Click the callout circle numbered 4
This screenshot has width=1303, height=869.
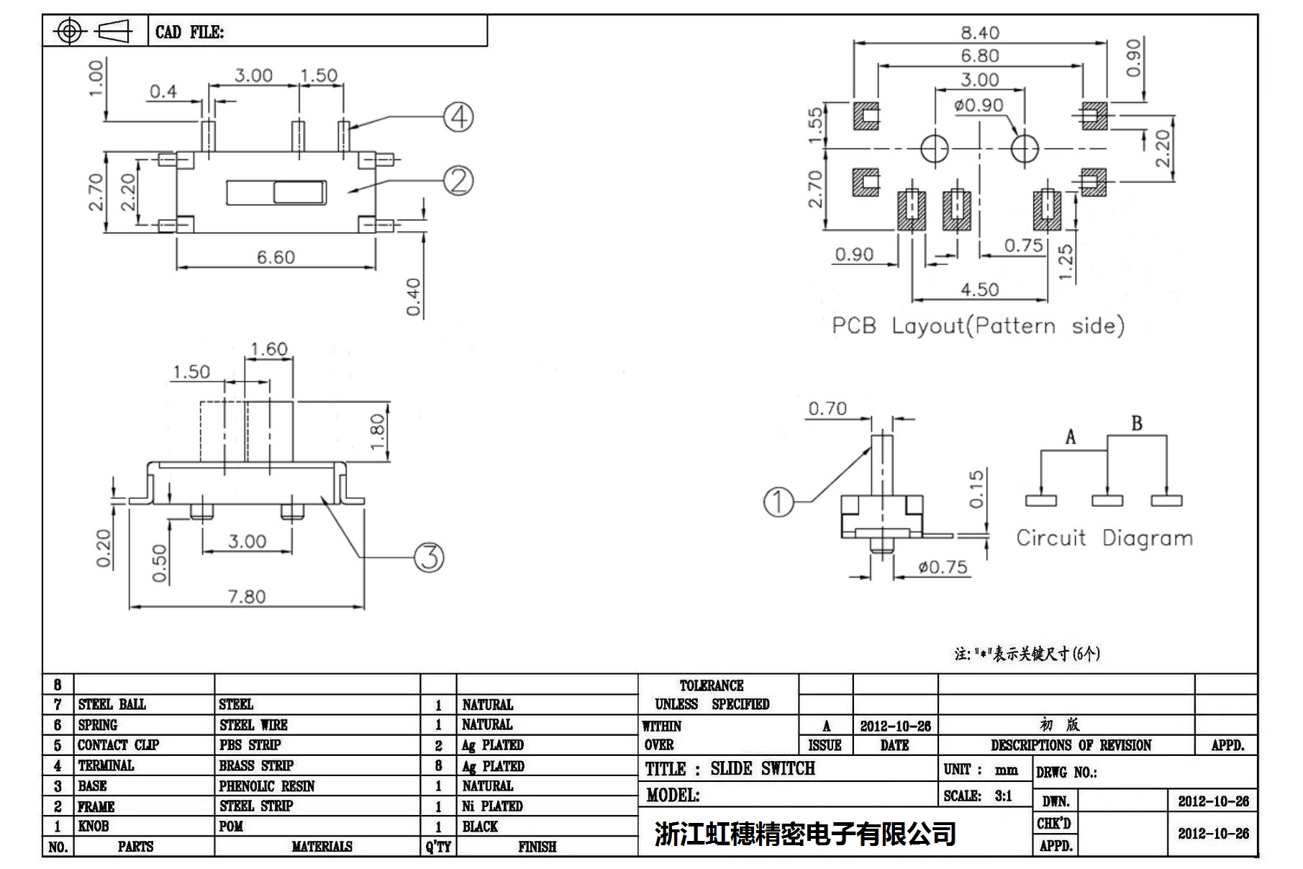pyautogui.click(x=458, y=117)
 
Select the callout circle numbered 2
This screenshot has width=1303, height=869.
pyautogui.click(x=458, y=180)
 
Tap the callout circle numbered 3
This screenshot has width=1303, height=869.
pyautogui.click(x=430, y=557)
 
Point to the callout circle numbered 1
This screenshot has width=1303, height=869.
pyautogui.click(x=778, y=502)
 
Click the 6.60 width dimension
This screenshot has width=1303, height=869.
pyautogui.click(x=276, y=257)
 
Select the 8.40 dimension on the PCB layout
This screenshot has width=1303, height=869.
pyautogui.click(x=979, y=32)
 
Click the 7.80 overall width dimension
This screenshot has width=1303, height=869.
pyautogui.click(x=246, y=596)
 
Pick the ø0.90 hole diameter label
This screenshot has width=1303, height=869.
pyautogui.click(x=979, y=105)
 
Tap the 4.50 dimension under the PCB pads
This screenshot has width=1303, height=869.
pyautogui.click(x=979, y=289)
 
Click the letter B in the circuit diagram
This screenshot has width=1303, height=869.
pyautogui.click(x=1137, y=423)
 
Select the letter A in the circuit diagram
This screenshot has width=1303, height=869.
pyautogui.click(x=1071, y=437)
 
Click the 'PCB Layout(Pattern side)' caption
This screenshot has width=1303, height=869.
pyautogui.click(x=978, y=326)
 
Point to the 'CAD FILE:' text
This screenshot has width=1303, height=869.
pyautogui.click(x=189, y=32)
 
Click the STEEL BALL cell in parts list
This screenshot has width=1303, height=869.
pyautogui.click(x=112, y=704)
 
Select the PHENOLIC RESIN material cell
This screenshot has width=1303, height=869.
pyautogui.click(x=267, y=785)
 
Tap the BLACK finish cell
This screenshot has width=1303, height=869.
pyautogui.click(x=480, y=826)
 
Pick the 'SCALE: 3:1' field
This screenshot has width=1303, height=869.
pyautogui.click(x=978, y=796)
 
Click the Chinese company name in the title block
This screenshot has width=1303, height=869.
pyautogui.click(x=805, y=834)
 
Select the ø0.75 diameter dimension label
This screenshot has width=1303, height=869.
pyautogui.click(x=943, y=567)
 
